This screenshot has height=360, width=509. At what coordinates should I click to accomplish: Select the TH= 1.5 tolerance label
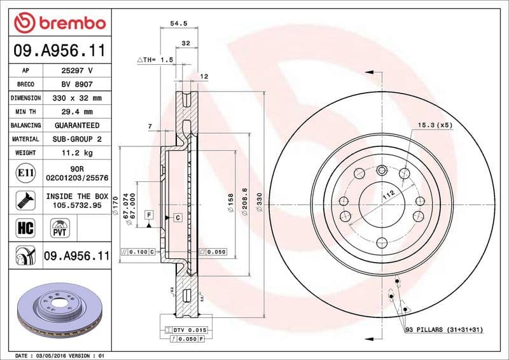(156, 59)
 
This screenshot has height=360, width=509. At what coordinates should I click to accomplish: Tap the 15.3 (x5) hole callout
(435, 125)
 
